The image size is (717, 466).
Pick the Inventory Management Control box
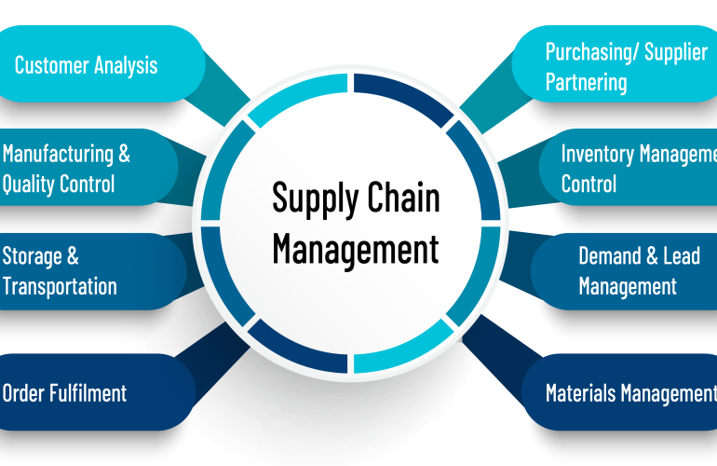click(633, 169)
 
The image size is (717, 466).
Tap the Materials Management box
click(624, 392)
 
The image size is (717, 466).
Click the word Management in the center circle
click(355, 250)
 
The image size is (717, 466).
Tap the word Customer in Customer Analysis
click(51, 65)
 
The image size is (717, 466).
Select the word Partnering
click(586, 82)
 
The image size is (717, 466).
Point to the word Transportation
click(60, 285)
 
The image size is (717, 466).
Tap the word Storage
click(33, 256)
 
